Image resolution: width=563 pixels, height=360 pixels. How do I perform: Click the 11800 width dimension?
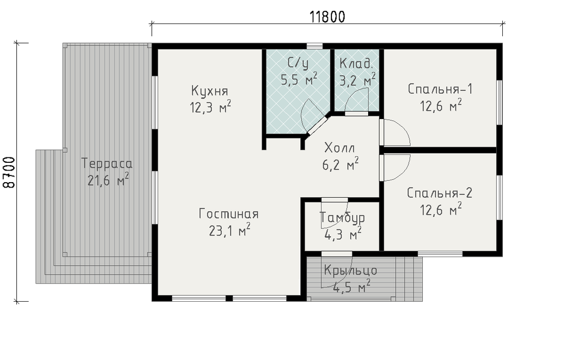point(327,17)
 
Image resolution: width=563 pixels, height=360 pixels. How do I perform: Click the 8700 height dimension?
point(10,172)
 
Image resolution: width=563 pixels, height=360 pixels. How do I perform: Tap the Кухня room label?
point(210,91)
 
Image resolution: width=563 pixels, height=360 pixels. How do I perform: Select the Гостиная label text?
point(229,214)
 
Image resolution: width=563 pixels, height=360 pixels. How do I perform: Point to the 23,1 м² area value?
point(229,230)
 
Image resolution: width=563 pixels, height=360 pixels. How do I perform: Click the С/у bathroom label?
point(298,64)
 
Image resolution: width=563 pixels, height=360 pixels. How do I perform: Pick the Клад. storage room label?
point(356,64)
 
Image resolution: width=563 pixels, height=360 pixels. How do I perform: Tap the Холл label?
point(340,148)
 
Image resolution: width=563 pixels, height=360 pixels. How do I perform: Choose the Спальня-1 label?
point(440,89)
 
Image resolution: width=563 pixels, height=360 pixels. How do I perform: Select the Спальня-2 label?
point(440,193)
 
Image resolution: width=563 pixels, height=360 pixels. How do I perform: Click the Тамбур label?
point(342,218)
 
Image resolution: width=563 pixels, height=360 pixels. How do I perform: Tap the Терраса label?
point(107,163)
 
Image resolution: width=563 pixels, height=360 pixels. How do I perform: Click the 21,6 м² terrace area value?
point(108,180)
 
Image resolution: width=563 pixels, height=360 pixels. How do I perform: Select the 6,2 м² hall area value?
point(340,165)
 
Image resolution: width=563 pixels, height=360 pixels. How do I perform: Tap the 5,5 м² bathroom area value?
point(299,79)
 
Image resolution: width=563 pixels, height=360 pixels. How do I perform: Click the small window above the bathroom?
point(314,46)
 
